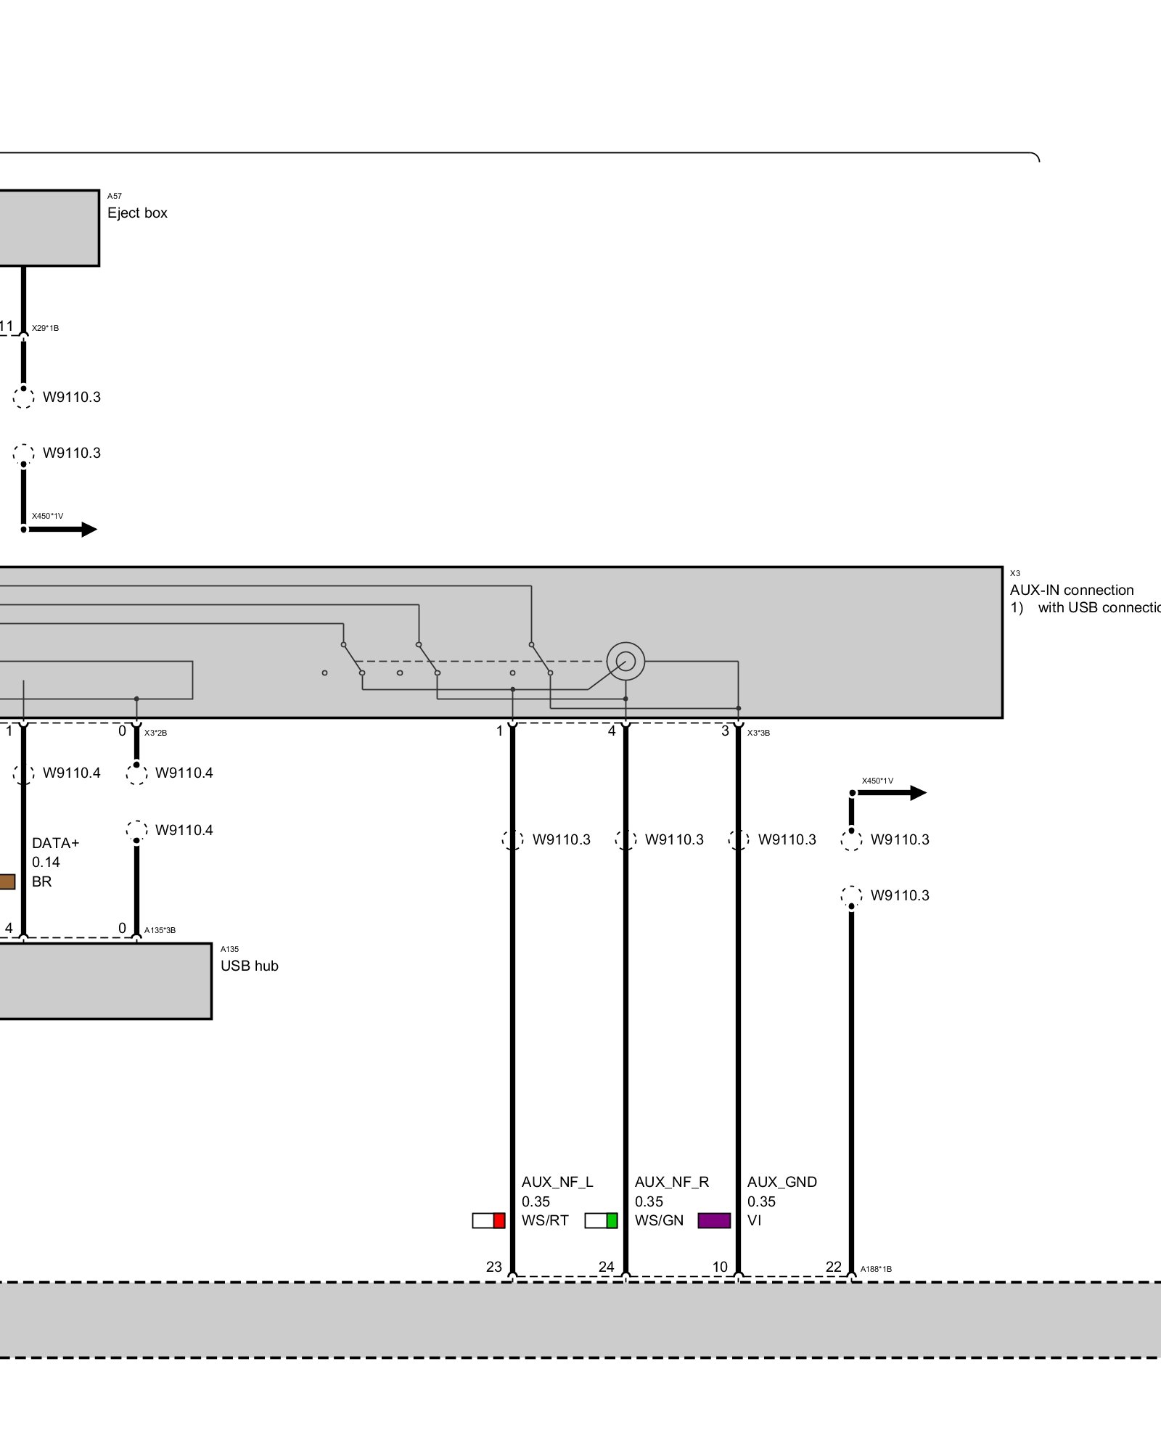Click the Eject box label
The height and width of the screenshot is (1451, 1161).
coord(137,213)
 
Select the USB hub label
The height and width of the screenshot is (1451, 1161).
coord(249,966)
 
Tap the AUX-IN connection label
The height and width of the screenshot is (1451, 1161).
coord(1071,590)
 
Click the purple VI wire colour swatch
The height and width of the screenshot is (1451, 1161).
coord(714,1220)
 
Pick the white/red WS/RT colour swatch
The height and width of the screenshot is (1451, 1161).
coord(488,1220)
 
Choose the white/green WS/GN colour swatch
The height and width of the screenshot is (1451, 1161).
coord(601,1220)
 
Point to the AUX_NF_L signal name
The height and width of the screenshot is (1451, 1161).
coord(557,1182)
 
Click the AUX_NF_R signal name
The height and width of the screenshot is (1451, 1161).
coord(671,1182)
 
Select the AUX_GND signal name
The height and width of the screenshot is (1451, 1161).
coord(782,1182)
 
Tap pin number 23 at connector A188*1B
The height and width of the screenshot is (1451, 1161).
coord(494,1267)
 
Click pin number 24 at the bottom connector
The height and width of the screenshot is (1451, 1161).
coord(607,1267)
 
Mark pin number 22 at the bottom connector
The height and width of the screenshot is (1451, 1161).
coord(834,1267)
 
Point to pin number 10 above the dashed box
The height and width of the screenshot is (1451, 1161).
coord(720,1267)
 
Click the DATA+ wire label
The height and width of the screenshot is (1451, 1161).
coord(55,843)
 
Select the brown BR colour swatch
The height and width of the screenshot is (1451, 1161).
coord(7,881)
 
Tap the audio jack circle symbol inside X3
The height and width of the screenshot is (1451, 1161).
coord(625,661)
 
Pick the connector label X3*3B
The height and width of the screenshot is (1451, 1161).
coord(758,733)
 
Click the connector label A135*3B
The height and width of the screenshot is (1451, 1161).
coord(160,930)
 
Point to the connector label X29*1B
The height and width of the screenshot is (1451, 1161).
coord(45,328)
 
